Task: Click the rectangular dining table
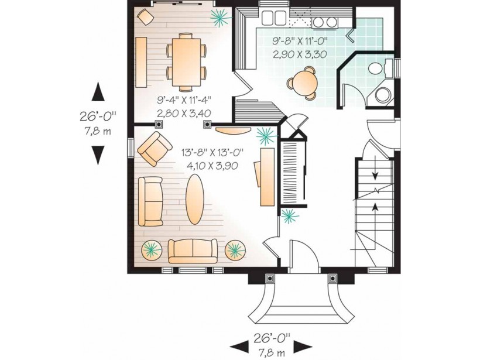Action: coord(186,62)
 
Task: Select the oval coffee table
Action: coord(195,199)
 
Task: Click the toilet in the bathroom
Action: coord(380,68)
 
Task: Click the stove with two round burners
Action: coord(324,22)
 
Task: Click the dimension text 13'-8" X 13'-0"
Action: coord(212,152)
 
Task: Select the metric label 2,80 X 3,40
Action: coord(184,113)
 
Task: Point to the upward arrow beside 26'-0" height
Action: coord(98,91)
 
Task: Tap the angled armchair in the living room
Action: coord(155,149)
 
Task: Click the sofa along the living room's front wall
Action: coord(193,251)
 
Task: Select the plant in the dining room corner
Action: coord(220,18)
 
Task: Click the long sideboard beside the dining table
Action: coord(141,62)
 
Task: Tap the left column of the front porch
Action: coord(270,279)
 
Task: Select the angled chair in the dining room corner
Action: coord(145,16)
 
